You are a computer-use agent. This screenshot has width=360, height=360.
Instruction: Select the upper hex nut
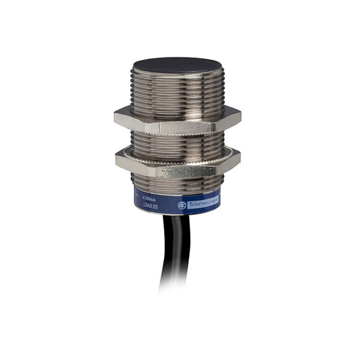[178, 120]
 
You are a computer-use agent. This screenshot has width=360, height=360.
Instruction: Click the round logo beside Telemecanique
[181, 205]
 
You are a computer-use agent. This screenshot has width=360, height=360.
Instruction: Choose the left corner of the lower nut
[116, 161]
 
